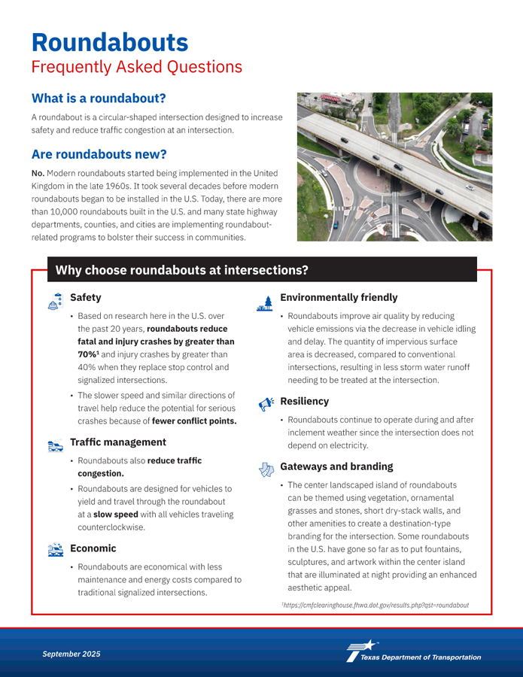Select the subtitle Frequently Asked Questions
(136, 67)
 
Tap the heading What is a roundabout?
(98, 99)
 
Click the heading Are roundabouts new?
(99, 155)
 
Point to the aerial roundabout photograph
(394, 166)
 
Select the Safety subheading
(85, 298)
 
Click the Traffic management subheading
(117, 442)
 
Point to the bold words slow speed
(116, 515)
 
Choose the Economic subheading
(93, 548)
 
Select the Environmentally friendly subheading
(339, 298)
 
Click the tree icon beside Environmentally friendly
(263, 302)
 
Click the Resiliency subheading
(307, 402)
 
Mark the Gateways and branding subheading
(336, 466)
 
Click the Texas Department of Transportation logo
(413, 652)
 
